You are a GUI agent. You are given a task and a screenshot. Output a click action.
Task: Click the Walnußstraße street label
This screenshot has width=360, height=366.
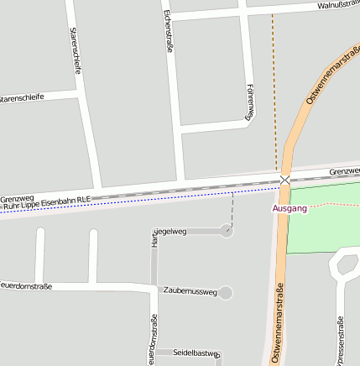click(337, 5)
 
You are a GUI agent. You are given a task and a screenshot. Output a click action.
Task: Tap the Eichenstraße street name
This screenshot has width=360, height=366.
click(169, 32)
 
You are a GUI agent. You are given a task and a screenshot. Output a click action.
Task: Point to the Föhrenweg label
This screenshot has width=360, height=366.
click(249, 102)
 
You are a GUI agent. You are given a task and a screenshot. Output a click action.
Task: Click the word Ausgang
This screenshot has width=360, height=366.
click(290, 208)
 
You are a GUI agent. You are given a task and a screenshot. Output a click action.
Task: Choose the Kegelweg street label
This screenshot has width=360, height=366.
click(170, 230)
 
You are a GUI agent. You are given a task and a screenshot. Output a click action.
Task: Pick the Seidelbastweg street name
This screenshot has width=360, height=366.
click(196, 353)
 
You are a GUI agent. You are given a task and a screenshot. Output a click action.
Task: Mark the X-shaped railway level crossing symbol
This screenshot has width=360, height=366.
click(284, 180)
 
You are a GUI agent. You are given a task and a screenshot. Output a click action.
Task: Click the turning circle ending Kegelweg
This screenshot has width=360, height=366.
click(226, 230)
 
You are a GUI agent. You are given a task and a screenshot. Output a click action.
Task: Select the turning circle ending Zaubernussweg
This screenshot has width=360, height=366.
click(225, 292)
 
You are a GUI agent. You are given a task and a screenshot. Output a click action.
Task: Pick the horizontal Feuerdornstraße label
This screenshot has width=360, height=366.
click(25, 286)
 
